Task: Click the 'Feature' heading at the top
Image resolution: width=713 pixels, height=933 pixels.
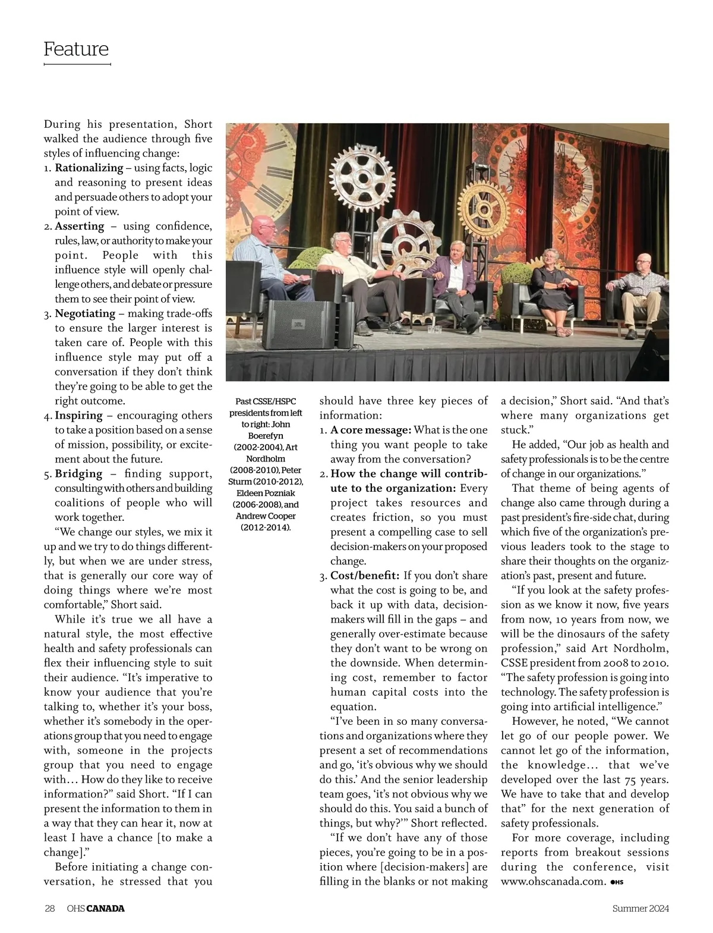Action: [x=76, y=49]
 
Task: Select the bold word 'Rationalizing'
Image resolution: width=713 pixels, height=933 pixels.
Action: [x=89, y=168]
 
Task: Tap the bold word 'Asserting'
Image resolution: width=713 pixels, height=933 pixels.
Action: [x=80, y=227]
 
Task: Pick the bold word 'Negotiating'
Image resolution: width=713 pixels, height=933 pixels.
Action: [x=85, y=313]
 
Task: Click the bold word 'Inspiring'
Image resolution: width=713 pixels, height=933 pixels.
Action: [x=79, y=416]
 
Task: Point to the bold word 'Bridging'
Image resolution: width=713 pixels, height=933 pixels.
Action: [x=79, y=474]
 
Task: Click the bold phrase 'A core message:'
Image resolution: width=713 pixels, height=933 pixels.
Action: [x=371, y=430]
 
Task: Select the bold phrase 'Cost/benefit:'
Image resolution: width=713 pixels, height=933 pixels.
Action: [x=364, y=576]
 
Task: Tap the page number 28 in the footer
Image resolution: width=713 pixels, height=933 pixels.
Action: [x=50, y=909]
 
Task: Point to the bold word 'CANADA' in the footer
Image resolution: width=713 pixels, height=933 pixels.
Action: [x=106, y=909]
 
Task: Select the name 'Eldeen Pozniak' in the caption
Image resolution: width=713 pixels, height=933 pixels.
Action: [x=266, y=493]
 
